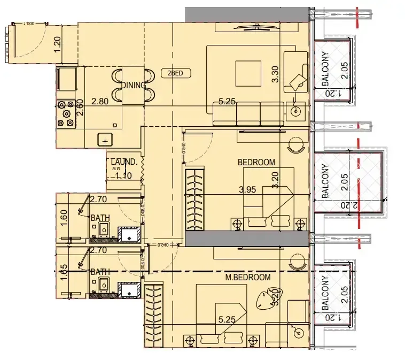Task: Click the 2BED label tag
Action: click(175, 74)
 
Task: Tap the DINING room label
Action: click(134, 86)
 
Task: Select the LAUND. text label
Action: click(124, 162)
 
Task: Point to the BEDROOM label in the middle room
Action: click(256, 162)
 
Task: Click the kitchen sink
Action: click(106, 141)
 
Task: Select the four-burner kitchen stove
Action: click(67, 113)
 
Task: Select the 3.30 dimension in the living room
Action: click(276, 73)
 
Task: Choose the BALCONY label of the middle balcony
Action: click(325, 181)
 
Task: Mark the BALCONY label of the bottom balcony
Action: click(325, 294)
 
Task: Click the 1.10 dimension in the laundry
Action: click(123, 174)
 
